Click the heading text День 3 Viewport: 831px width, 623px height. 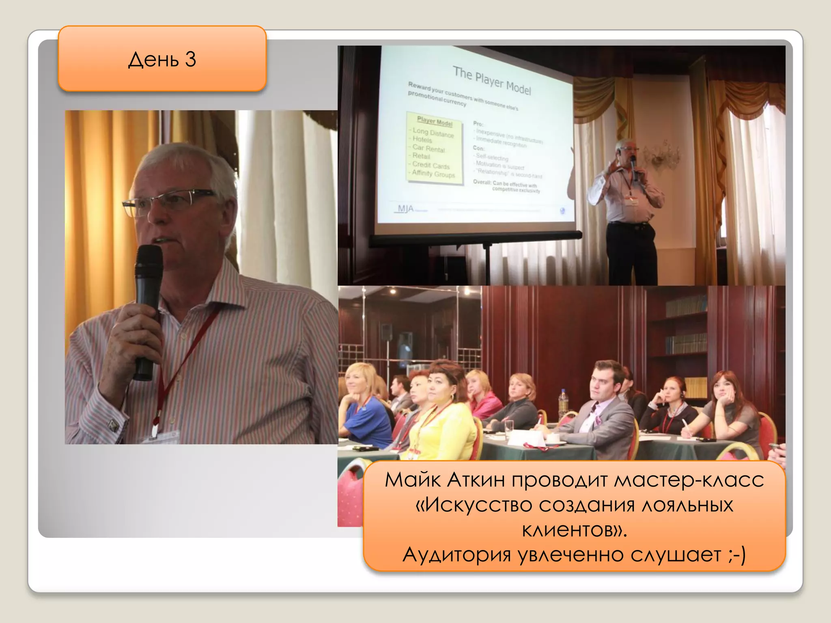click(x=162, y=60)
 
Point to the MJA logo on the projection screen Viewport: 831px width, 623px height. click(x=405, y=209)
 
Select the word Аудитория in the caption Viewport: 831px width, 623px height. click(x=456, y=555)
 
